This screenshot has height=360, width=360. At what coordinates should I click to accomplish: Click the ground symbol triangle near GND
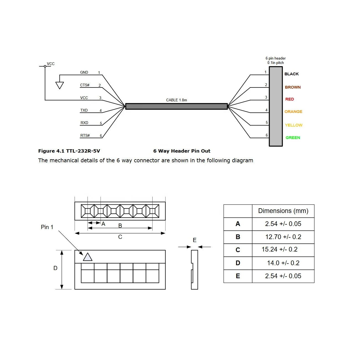coord(60,85)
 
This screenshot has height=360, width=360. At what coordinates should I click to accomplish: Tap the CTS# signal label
coord(85,85)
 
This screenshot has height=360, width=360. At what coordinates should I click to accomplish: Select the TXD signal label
coord(84,110)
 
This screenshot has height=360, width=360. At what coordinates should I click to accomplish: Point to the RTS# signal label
coord(85,135)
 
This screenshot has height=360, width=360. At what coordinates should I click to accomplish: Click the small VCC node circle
coord(45,66)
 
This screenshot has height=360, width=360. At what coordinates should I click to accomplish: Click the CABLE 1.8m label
coord(176,100)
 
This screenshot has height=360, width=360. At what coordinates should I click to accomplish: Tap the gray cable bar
coord(176,106)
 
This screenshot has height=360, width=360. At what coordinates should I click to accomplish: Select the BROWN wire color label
coord(293,87)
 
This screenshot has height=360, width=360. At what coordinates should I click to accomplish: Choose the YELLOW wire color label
coord(294,125)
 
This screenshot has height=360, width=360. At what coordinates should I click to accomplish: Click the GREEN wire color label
coord(293,138)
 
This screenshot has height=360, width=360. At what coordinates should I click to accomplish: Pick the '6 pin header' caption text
coord(276,58)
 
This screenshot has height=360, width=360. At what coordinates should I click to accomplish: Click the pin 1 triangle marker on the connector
coord(88,257)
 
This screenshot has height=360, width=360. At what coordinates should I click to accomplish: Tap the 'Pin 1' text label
coord(47,227)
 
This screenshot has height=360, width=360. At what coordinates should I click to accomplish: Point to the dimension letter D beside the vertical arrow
coord(55,268)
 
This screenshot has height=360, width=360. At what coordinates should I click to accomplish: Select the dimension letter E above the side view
coord(194,240)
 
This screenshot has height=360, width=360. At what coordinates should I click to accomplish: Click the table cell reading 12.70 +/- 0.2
coord(283,237)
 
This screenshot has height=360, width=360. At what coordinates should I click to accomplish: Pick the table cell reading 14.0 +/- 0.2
coord(283,263)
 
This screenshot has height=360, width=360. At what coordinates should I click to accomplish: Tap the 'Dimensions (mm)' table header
coord(283,211)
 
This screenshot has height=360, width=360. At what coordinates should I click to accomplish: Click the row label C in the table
coord(238,250)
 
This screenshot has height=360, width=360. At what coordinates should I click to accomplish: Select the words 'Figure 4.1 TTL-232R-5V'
coord(69,151)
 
